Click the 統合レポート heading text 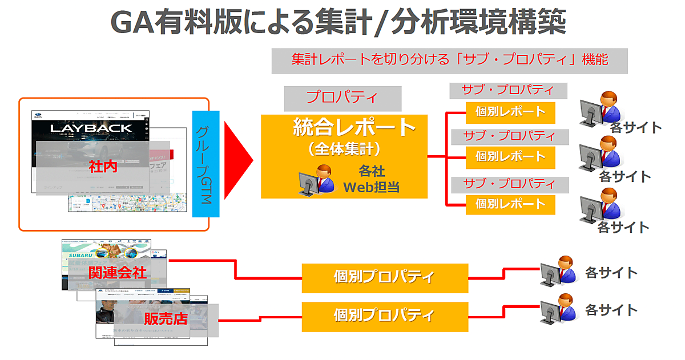pos(353,127)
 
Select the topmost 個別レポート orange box pos(510,112)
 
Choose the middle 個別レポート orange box pos(510,157)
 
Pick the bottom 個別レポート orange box pos(510,204)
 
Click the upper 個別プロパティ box pos(384,278)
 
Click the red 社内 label pos(103,167)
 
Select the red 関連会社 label pos(117,273)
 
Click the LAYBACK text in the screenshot pos(91,128)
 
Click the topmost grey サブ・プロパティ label pos(507,91)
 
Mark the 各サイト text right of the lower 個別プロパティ pos(611,310)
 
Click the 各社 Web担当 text pos(371,179)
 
